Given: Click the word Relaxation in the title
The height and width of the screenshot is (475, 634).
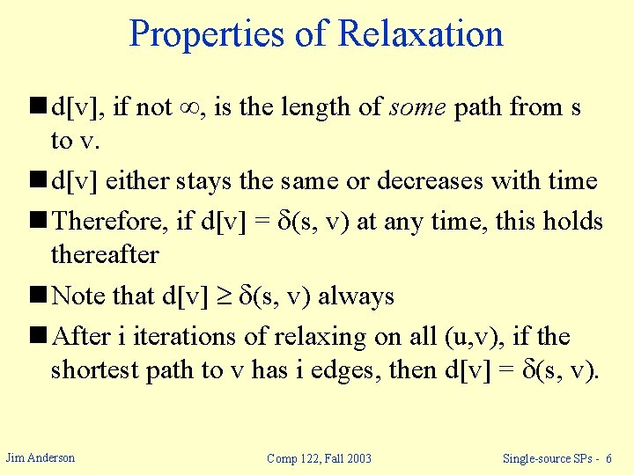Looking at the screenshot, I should tap(420, 34).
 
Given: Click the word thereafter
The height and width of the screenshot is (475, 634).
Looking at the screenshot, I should tap(105, 254).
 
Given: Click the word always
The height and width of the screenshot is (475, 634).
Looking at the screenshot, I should tap(356, 296).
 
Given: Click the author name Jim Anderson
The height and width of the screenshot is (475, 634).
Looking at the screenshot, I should tap(41, 457).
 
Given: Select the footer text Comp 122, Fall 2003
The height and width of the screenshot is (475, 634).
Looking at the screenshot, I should tap(320, 458).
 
